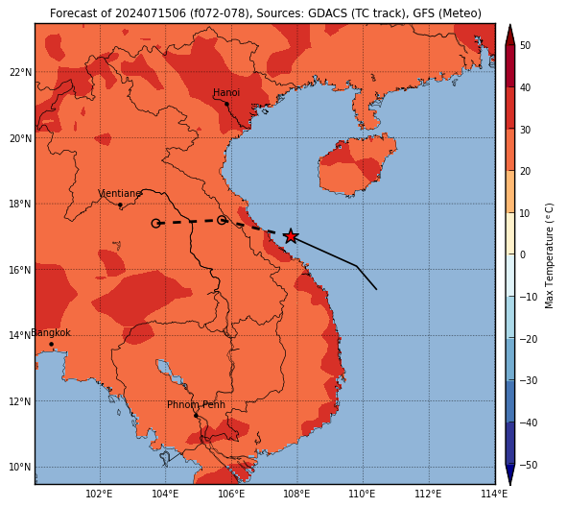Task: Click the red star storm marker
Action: [x=291, y=236]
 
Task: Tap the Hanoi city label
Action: [x=226, y=92]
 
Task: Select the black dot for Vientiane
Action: [x=120, y=205]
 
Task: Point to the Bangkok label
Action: [x=51, y=333]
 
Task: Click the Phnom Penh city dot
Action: [x=196, y=416]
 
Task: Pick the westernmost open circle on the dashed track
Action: [x=155, y=224]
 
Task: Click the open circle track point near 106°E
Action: [x=222, y=220]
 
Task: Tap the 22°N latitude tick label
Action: [x=20, y=72]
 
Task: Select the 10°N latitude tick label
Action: [x=20, y=467]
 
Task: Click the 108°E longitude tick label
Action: [x=297, y=494]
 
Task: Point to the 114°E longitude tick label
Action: [x=494, y=494]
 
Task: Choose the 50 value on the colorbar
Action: [x=525, y=45]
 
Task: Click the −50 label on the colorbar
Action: [x=529, y=465]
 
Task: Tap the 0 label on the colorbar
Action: [x=523, y=254]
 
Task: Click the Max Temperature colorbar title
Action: [x=550, y=255]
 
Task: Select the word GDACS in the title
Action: [x=324, y=13]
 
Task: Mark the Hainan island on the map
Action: [x=357, y=165]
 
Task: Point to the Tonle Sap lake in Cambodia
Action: [x=169, y=372]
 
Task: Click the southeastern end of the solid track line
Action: [x=377, y=289]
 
